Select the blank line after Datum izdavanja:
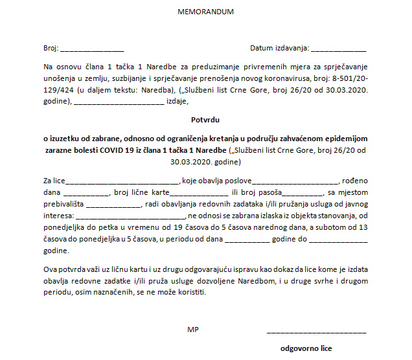(339, 50)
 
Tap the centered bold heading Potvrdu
(205, 119)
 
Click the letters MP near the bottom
(192, 330)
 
